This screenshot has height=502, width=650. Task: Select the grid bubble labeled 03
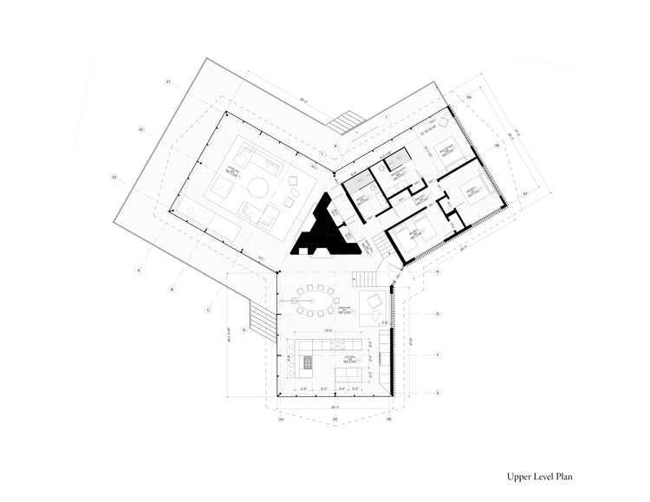114,177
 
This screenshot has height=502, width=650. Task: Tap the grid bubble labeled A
139,271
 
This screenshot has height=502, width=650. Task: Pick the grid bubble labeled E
439,394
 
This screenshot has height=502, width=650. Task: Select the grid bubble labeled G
439,313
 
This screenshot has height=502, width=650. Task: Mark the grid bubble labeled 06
389,421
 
